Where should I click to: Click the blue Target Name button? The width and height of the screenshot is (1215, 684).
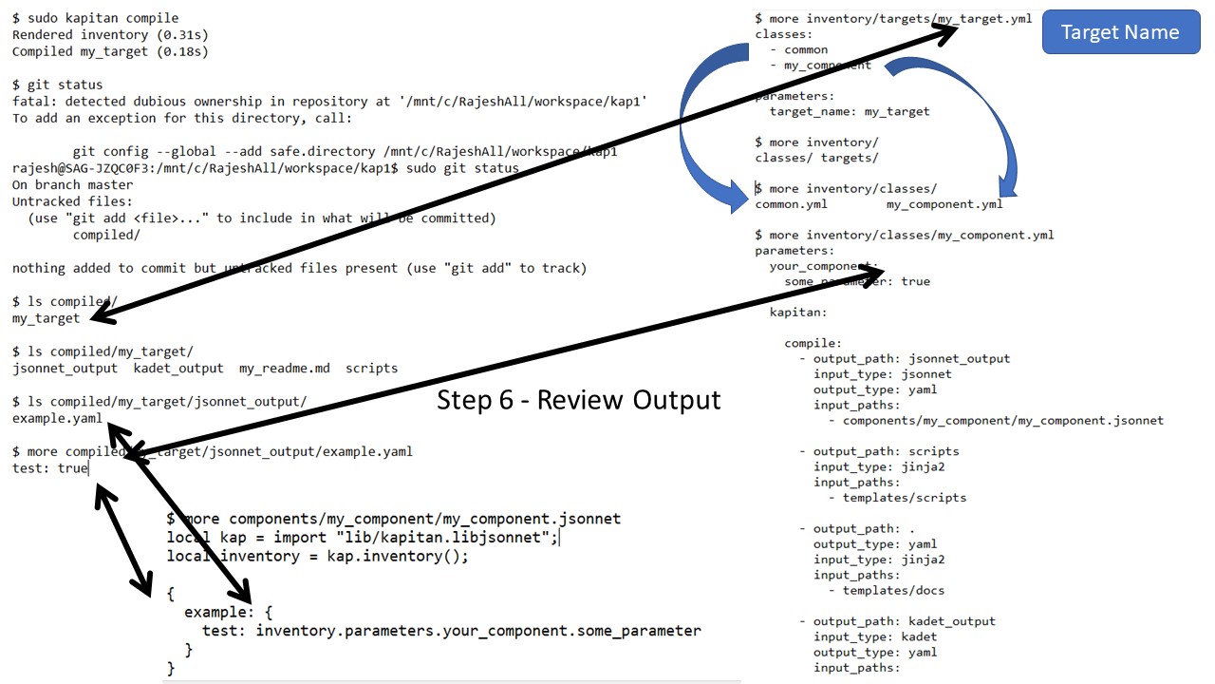pos(1120,32)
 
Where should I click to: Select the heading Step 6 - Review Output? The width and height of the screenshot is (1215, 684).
pos(578,400)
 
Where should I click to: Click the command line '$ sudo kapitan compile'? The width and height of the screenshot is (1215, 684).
pos(95,18)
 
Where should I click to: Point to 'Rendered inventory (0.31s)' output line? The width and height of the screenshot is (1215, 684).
pos(110,35)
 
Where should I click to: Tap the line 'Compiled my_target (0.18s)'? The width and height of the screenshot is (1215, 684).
pos(110,51)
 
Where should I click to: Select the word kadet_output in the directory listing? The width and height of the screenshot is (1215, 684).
pos(178,368)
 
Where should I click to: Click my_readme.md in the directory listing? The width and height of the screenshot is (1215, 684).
pos(284,368)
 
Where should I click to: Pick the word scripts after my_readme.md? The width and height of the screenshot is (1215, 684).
pos(371,368)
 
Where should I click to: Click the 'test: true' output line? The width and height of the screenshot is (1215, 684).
pos(49,468)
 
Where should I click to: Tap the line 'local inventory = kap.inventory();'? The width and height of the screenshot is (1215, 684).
pos(317,556)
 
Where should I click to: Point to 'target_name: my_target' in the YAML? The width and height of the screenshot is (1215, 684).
pos(850,111)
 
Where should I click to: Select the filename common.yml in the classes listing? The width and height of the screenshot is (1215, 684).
pos(791,204)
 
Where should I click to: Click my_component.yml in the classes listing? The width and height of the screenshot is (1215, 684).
pos(944,204)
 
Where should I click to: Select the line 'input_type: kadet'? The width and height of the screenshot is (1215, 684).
pos(875,636)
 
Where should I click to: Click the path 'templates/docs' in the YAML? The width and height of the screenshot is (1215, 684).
pos(893,590)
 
